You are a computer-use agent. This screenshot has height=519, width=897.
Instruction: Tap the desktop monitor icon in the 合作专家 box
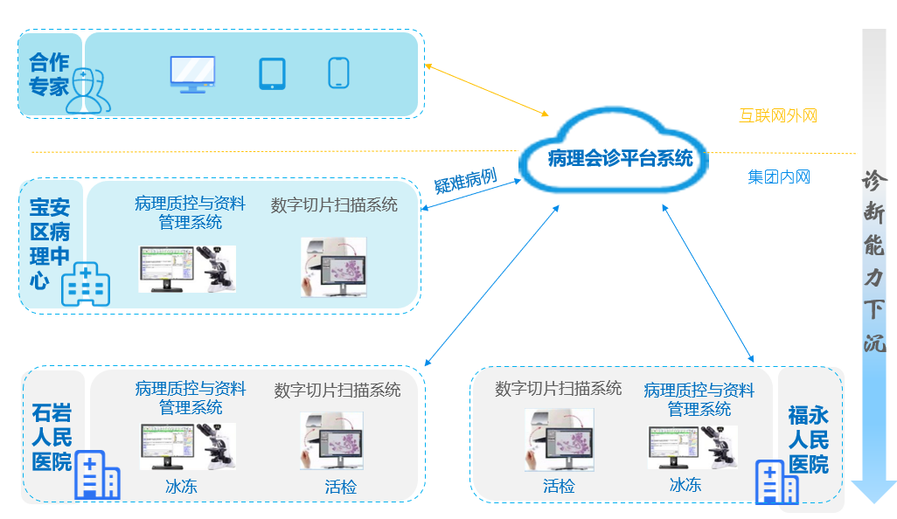(x=192, y=74)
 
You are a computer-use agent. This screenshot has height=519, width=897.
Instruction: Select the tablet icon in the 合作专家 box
(x=273, y=73)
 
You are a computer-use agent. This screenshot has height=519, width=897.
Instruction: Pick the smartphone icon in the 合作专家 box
(x=339, y=73)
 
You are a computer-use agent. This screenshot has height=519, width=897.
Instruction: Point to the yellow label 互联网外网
(x=777, y=115)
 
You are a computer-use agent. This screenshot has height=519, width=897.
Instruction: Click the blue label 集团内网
(x=778, y=177)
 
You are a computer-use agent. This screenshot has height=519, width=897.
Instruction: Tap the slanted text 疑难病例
(x=465, y=181)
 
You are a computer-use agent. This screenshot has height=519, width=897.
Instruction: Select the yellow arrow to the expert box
(x=486, y=90)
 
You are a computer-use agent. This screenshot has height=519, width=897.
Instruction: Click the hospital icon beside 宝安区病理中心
(x=85, y=284)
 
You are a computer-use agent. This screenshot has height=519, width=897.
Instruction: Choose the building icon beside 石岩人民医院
(x=97, y=475)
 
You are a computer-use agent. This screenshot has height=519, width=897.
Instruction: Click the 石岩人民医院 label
(x=52, y=437)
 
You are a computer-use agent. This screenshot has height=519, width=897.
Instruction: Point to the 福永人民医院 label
(x=808, y=439)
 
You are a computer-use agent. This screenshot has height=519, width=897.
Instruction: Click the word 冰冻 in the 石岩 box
(x=181, y=487)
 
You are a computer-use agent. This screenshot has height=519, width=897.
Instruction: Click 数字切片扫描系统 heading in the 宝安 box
(x=334, y=205)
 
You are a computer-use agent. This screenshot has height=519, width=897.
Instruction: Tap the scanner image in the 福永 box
(x=559, y=440)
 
